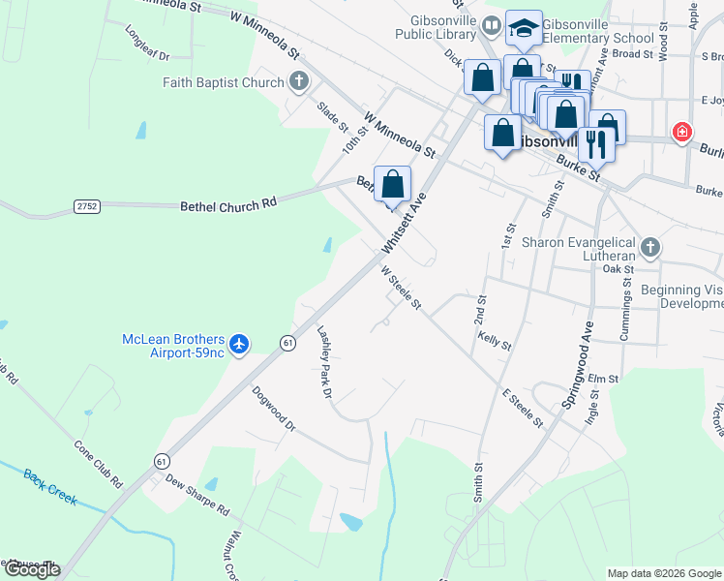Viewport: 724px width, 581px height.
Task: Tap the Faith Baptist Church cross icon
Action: tap(299, 82)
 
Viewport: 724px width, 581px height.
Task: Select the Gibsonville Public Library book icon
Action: tap(492, 26)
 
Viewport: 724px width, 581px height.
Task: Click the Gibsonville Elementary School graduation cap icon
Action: tap(524, 30)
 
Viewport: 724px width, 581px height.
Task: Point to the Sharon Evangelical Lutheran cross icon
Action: tap(649, 247)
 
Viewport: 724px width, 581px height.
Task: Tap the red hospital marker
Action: tap(682, 132)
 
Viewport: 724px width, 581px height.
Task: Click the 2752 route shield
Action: tap(87, 205)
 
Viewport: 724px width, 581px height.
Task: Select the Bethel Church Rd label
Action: tap(228, 205)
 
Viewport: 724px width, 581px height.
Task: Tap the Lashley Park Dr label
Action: tap(325, 362)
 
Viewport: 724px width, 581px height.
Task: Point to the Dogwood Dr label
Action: tap(272, 410)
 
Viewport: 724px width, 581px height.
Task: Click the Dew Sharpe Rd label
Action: tap(196, 495)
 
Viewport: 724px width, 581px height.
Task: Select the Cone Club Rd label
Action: tap(98, 464)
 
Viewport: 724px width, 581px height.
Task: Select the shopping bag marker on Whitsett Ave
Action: tap(392, 184)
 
